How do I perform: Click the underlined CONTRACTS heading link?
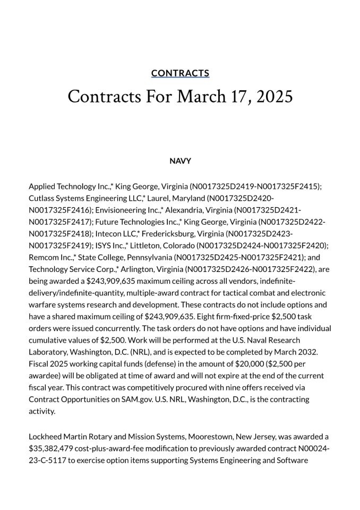click(180, 73)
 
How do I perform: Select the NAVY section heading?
click(180, 161)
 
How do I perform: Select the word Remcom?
click(44, 257)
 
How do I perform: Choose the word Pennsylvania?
click(147, 257)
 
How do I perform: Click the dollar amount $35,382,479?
click(54, 449)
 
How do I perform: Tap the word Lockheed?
click(46, 437)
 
